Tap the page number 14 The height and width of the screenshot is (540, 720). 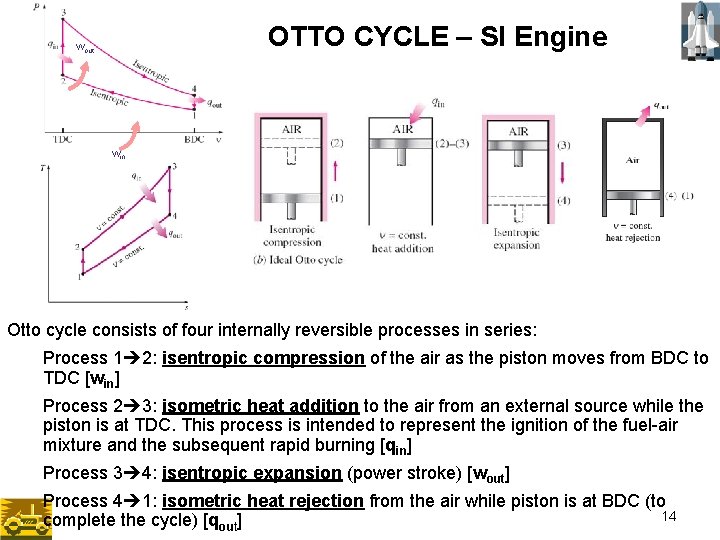(670, 515)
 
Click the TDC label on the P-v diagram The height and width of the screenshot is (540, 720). (62, 139)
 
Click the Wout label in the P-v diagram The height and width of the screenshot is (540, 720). (85, 47)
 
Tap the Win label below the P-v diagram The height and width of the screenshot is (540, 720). (118, 154)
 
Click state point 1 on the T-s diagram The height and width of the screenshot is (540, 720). (80, 276)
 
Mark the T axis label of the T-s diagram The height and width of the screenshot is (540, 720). (43, 168)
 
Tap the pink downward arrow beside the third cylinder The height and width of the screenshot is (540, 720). (563, 172)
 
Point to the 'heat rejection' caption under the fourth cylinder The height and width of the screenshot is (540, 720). (633, 238)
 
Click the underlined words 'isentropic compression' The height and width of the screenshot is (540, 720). (263, 358)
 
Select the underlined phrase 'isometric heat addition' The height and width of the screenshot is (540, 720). (260, 406)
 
